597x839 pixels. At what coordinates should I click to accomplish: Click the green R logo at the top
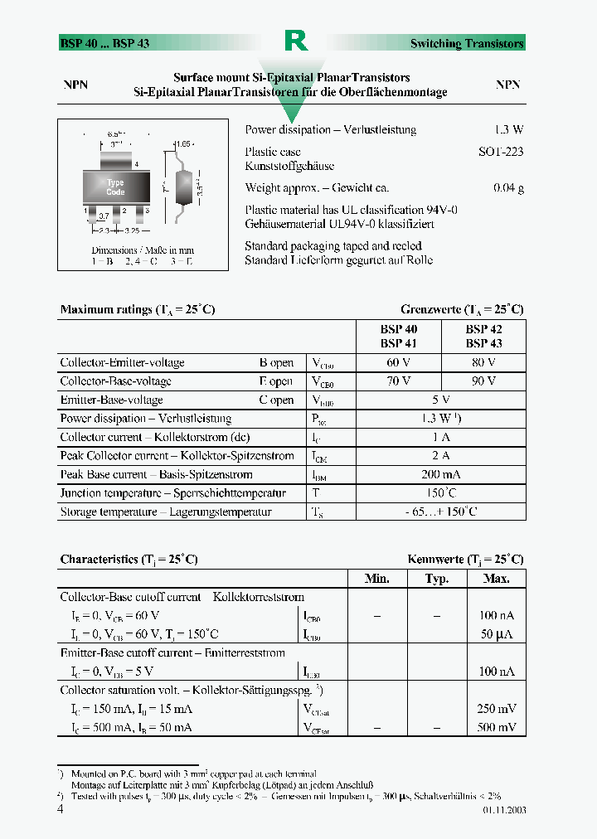pos(296,41)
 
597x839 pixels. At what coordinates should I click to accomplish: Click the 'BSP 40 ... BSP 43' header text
pos(104,43)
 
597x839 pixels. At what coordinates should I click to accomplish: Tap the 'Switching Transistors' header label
pos(467,43)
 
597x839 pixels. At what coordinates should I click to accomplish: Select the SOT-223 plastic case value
pos(501,152)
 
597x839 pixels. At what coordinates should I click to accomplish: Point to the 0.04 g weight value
pos(508,188)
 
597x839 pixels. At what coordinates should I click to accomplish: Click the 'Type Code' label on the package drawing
pos(115,187)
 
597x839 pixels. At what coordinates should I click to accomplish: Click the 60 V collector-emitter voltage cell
pos(399,362)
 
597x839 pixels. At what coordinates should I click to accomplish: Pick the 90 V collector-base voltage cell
pos(483,381)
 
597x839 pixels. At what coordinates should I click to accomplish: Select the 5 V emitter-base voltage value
pos(441,400)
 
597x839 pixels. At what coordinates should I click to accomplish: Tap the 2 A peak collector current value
pos(441,456)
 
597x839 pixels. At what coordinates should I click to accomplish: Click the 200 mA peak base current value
pos(441,474)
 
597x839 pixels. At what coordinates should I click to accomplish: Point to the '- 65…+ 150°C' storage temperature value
pos(441,512)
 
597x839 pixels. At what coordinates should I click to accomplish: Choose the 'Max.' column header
pos(496,579)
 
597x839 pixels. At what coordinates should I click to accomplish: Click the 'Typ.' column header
pos(436,579)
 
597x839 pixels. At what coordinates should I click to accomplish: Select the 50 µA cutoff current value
pos(497,634)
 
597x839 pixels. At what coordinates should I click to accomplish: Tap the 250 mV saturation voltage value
pos(497,709)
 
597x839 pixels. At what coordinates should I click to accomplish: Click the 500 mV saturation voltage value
pos(497,727)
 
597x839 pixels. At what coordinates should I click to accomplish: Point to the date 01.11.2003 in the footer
pos(502,810)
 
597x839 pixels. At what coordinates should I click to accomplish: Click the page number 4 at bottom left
pos(61,808)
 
